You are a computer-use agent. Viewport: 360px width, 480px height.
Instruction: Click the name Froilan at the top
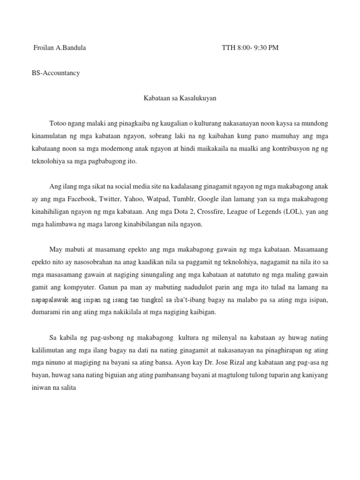(x=45, y=47)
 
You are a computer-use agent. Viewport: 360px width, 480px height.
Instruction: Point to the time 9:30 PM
(x=265, y=47)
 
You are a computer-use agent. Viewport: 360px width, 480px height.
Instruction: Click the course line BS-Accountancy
(x=56, y=73)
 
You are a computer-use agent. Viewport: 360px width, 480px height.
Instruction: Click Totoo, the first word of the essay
(x=58, y=123)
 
